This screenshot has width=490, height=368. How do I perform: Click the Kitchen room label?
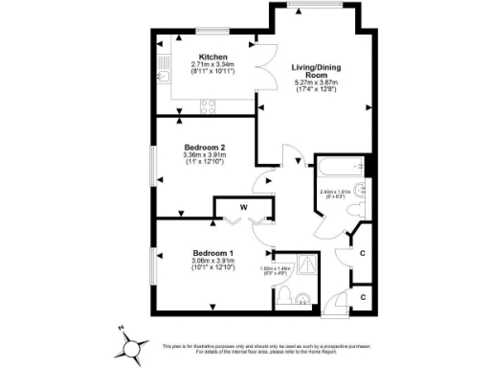pos(212,57)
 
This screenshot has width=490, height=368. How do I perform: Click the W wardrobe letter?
pos(244,206)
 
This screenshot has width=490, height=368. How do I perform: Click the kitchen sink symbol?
pos(162,78)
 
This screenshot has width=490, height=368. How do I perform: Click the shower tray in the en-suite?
pos(307,261)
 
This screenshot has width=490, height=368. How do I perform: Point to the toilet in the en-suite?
pos(298,298)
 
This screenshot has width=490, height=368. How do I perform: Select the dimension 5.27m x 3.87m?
pos(316,83)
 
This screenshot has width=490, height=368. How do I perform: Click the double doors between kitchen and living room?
pos(266,68)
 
